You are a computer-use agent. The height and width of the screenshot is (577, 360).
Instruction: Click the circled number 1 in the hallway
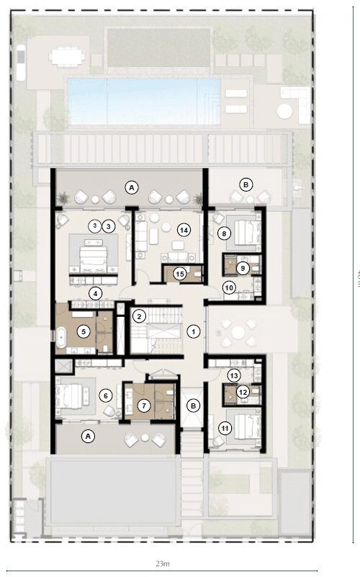pyautogui.click(x=193, y=331)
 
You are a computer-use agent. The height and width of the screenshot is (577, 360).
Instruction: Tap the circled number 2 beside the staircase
pyautogui.click(x=139, y=316)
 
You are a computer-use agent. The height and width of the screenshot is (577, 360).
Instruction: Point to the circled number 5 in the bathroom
pyautogui.click(x=84, y=331)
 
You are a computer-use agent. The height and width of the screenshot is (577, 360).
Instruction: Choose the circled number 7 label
pyautogui.click(x=145, y=406)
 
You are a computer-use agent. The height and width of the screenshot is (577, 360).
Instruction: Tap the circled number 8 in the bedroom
pyautogui.click(x=225, y=233)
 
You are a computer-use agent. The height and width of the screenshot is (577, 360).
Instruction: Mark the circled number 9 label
pyautogui.click(x=243, y=268)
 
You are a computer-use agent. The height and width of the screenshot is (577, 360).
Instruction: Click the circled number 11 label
pyautogui.click(x=225, y=429)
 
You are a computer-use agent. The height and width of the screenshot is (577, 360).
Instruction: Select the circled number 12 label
pyautogui.click(x=243, y=392)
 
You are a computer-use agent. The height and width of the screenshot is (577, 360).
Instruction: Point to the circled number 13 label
pyautogui.click(x=233, y=375)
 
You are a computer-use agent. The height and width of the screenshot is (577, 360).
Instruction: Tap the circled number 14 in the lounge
pyautogui.click(x=184, y=230)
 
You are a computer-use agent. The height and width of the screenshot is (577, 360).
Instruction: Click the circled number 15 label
pyautogui.click(x=180, y=273)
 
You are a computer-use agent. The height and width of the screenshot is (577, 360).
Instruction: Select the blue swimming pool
pyautogui.click(x=143, y=101)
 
